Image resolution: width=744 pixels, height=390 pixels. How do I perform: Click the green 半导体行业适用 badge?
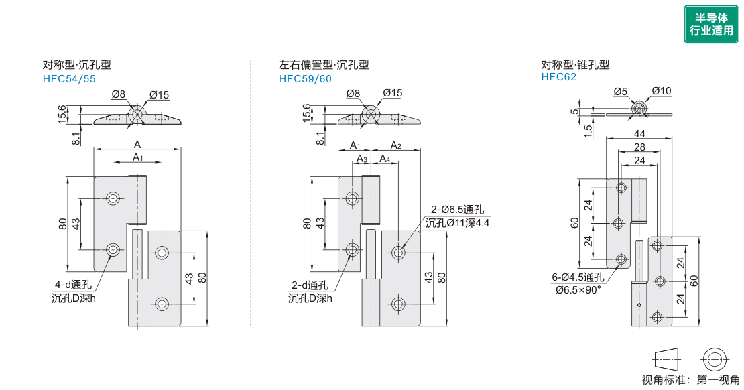point(710,24)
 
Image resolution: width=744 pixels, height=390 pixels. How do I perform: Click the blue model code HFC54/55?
point(69,79)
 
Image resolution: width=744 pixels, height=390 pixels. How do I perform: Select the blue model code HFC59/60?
point(305,79)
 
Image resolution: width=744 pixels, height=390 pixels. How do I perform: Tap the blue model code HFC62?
point(558,77)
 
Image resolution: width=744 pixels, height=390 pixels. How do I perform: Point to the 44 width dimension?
point(639,134)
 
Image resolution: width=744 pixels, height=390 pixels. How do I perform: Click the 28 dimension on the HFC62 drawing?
point(639,147)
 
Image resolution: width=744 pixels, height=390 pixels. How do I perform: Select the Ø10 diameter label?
point(661,90)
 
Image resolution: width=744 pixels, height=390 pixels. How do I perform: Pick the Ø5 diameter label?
point(620,92)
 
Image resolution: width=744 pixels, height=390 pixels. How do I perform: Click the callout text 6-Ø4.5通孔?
point(578,277)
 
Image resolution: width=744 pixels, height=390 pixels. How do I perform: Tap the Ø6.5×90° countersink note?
point(578,289)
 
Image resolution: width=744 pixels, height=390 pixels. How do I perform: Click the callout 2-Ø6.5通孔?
point(457,210)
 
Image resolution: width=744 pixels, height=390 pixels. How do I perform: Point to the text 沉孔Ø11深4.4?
point(457,222)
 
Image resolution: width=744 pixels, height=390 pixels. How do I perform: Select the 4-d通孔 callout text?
point(73,285)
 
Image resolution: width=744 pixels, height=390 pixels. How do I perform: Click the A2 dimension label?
point(395,145)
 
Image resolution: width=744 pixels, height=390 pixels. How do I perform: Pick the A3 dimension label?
point(362,159)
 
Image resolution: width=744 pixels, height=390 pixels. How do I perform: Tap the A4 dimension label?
point(385,159)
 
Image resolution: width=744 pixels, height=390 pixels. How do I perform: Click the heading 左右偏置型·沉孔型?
point(324,65)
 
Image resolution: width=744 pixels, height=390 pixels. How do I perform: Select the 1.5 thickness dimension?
point(587,131)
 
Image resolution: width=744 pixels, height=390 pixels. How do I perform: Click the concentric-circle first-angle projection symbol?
point(712,359)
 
